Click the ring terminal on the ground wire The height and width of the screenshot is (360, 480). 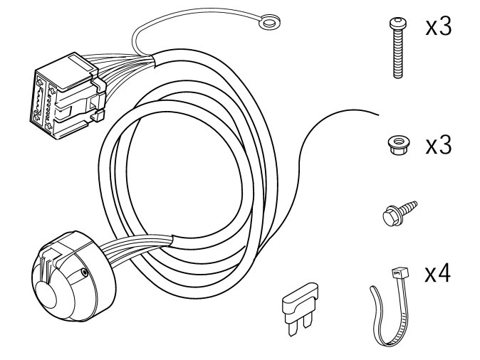269,22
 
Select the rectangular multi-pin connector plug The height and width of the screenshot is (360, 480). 68,95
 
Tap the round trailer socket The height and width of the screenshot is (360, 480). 73,277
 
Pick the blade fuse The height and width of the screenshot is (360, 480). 300,307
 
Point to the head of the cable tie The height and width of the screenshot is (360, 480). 400,272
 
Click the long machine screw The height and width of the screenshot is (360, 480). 397,48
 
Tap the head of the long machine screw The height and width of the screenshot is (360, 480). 397,23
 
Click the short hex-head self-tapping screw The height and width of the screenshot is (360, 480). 400,213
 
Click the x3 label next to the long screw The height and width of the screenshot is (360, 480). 439,27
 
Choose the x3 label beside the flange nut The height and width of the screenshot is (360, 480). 439,145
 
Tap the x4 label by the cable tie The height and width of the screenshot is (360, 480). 438,273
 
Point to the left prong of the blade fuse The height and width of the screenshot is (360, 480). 293,328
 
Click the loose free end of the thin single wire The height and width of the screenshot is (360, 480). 378,115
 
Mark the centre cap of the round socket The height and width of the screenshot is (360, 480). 46,295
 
